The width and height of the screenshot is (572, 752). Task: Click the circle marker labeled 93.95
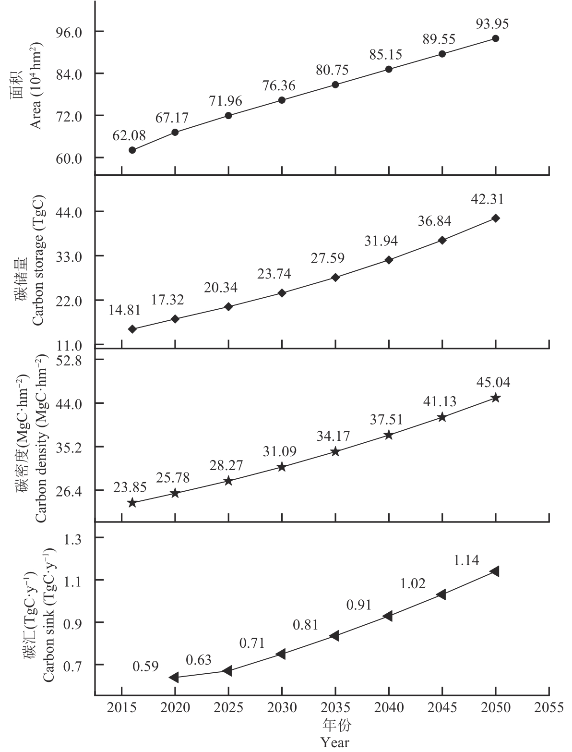pyautogui.click(x=495, y=38)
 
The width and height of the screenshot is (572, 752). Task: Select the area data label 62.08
pyautogui.click(x=129, y=136)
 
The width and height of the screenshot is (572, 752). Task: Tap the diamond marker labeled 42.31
pyautogui.click(x=495, y=218)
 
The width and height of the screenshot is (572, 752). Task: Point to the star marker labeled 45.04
pyautogui.click(x=495, y=398)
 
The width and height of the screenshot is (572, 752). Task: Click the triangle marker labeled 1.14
pyautogui.click(x=494, y=571)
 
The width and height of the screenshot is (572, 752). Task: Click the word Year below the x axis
pyautogui.click(x=335, y=742)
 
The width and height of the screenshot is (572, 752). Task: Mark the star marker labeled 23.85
pyautogui.click(x=132, y=503)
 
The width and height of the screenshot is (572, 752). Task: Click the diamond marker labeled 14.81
pyautogui.click(x=132, y=329)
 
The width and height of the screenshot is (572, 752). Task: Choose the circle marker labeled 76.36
pyautogui.click(x=282, y=100)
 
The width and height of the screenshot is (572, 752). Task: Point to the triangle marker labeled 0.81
pyautogui.click(x=334, y=635)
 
